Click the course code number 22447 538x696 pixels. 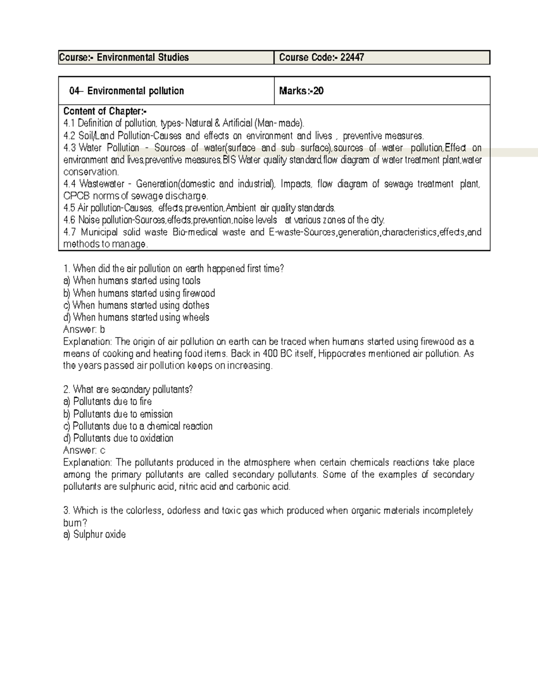pyautogui.click(x=352, y=57)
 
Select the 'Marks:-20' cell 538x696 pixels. pyautogui.click(x=301, y=91)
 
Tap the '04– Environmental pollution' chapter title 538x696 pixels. pyautogui.click(x=126, y=91)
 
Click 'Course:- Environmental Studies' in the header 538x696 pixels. pyautogui.click(x=124, y=57)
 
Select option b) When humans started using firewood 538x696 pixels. pyautogui.click(x=139, y=293)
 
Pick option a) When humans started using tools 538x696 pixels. pyautogui.click(x=132, y=281)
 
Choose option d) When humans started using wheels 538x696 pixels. pyautogui.click(x=136, y=317)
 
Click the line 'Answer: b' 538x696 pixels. pyautogui.click(x=84, y=329)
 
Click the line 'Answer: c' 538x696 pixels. pyautogui.click(x=84, y=450)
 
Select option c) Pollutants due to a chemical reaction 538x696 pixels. pyautogui.click(x=138, y=426)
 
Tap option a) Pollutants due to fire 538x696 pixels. pyautogui.click(x=108, y=402)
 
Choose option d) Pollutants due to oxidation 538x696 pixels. pyautogui.click(x=118, y=438)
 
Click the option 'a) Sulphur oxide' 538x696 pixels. pyautogui.click(x=95, y=534)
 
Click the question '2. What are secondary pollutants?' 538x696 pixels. pyautogui.click(x=128, y=389)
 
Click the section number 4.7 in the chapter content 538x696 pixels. pyautogui.click(x=70, y=232)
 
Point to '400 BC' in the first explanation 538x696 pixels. pyautogui.click(x=277, y=354)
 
